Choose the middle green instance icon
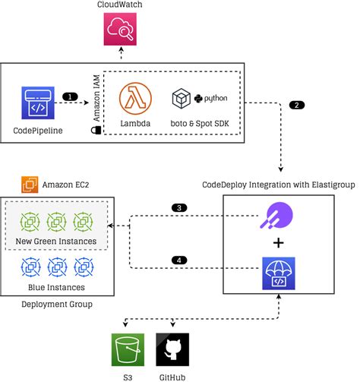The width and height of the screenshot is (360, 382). tap(55, 223)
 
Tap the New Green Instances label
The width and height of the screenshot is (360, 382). tap(55, 242)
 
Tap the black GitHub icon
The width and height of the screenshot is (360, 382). tap(169, 350)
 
